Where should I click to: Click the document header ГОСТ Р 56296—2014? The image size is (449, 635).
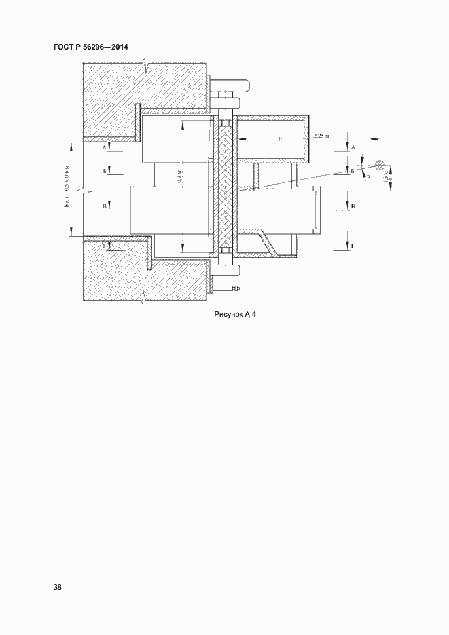90,47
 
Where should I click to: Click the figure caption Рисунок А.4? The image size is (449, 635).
234,314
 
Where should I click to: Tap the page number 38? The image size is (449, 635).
57,587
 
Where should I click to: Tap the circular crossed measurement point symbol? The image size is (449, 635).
379,165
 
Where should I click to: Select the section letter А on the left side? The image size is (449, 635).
105,147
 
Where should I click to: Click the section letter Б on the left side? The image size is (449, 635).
105,172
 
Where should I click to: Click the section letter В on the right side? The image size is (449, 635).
353,204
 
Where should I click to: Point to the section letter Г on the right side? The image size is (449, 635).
353,246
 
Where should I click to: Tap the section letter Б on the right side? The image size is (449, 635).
352,172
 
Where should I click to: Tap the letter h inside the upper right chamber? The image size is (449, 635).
279,138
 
